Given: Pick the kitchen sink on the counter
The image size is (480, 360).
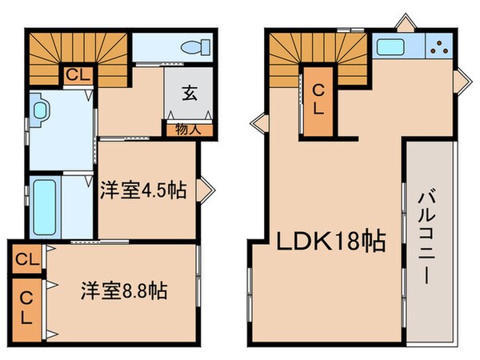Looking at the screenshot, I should pyautogui.click(x=392, y=46).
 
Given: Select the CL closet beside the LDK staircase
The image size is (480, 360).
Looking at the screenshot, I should pyautogui.click(x=318, y=100).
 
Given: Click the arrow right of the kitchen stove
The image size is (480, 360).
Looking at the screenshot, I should pyautogui.click(x=462, y=81).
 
